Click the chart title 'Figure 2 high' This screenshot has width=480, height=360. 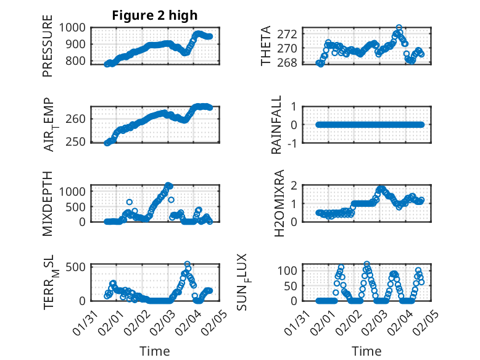pos(154,15)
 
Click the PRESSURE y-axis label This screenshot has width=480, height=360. pos(48,46)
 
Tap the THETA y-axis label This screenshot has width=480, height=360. pos(266,46)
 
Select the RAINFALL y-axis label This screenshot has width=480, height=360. pos(277,125)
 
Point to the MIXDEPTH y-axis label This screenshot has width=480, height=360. pos(48,203)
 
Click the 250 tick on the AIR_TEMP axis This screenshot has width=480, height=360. pos(80,143)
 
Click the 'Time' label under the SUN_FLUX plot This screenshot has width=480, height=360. pos(366,351)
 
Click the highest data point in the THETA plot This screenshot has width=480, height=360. pos(399,28)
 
